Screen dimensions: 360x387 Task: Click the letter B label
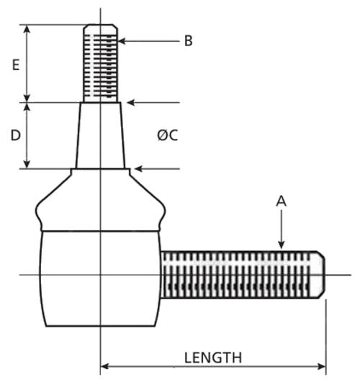(188, 41)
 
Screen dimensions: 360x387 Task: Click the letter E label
(16, 65)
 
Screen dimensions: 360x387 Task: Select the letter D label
(15, 135)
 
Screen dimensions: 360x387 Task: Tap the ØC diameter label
(168, 135)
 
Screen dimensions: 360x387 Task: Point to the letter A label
(282, 201)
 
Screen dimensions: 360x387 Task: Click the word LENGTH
(213, 358)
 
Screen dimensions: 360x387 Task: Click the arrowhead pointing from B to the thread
(122, 41)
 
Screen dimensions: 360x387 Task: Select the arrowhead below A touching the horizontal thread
(282, 245)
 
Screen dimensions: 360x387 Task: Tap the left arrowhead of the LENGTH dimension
(105, 366)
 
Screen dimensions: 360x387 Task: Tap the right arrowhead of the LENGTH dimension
(322, 366)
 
